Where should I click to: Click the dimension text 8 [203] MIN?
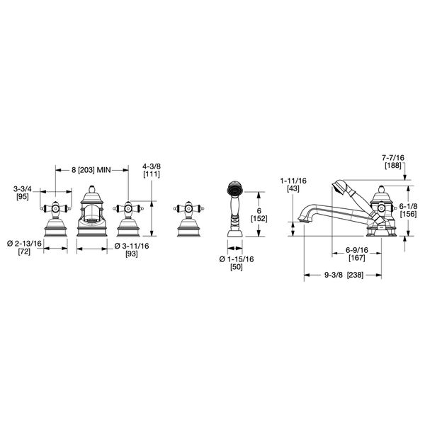(91, 171)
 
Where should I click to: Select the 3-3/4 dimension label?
(22, 188)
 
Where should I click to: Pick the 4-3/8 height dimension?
(150, 167)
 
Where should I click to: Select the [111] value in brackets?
(150, 176)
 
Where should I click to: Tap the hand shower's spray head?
(233, 189)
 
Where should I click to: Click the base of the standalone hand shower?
(234, 232)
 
